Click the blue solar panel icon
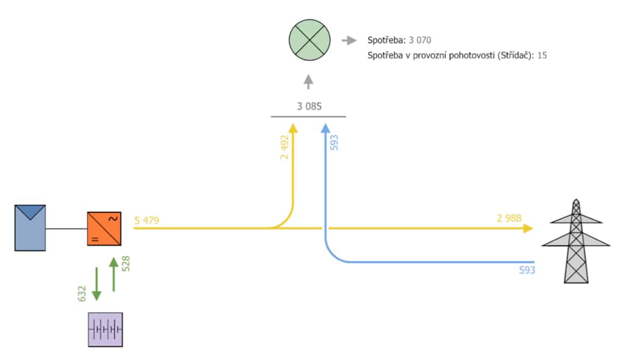(30, 228)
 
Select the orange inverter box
(104, 229)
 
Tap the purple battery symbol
(105, 330)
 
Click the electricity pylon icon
(576, 241)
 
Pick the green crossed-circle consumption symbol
(309, 40)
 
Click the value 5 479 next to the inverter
(146, 220)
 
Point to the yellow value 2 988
(509, 218)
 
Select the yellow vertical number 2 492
(284, 147)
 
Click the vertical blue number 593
(334, 143)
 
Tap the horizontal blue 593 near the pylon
(527, 270)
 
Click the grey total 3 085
(309, 106)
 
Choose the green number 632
(82, 294)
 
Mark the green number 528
(126, 264)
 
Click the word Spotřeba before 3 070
(386, 40)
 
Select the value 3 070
(420, 40)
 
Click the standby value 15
(542, 55)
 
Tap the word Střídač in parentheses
(514, 55)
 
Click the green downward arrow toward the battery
(97, 284)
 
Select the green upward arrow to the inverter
(114, 274)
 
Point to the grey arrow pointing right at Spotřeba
(349, 40)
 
